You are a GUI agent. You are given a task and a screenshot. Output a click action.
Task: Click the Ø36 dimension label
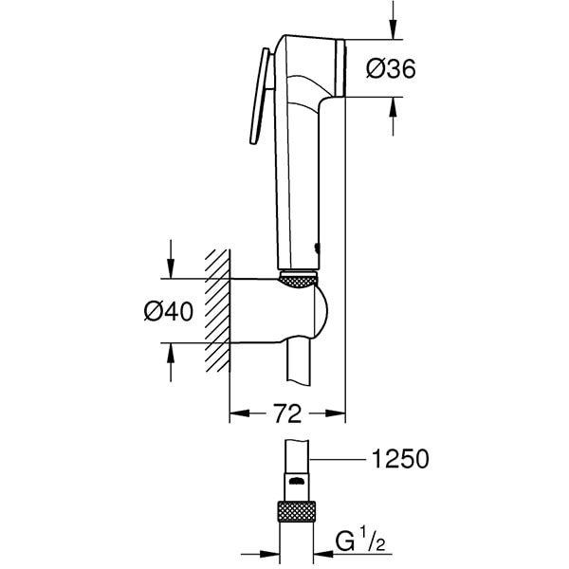tap(391, 68)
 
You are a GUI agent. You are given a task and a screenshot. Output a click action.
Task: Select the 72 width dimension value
tap(287, 413)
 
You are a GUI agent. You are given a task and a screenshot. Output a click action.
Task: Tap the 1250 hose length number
tap(400, 460)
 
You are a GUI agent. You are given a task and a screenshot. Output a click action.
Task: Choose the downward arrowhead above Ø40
tap(172, 270)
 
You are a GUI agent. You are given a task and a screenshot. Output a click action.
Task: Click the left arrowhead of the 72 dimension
tap(238, 413)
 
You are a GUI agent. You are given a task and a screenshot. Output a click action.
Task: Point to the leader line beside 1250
tap(341, 460)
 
